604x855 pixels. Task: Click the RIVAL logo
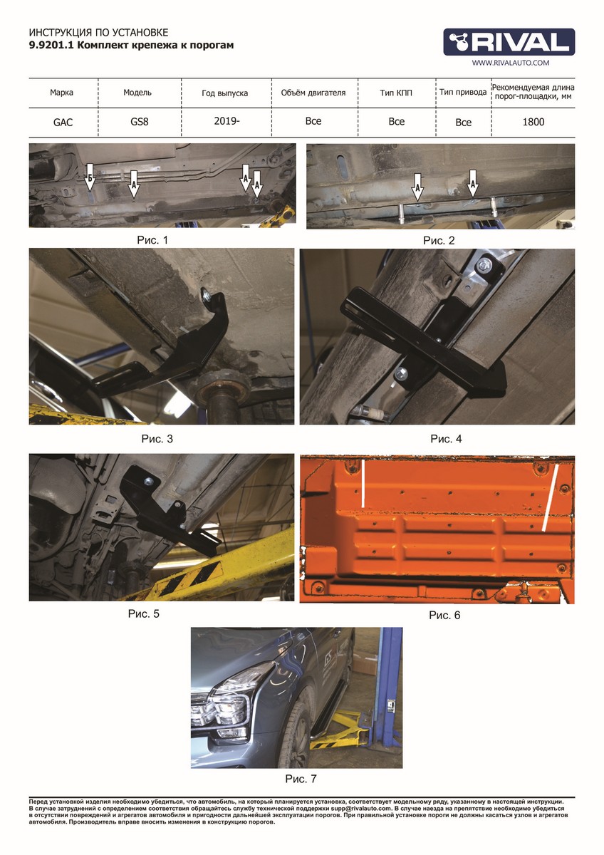click(509, 42)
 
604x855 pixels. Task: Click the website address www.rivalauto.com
click(511, 63)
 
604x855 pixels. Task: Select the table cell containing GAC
click(63, 123)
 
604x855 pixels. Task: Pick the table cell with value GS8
click(140, 122)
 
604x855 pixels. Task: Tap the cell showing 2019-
click(226, 121)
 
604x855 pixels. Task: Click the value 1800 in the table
click(533, 122)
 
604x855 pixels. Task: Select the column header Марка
click(61, 93)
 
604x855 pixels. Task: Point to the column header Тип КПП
click(396, 93)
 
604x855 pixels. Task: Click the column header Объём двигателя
click(313, 93)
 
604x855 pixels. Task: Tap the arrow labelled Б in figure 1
click(90, 177)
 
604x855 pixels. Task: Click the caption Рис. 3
click(157, 439)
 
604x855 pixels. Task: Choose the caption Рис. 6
click(444, 615)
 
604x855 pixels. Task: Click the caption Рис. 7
click(301, 779)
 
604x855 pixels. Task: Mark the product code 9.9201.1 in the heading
click(51, 46)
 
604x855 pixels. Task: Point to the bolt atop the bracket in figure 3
click(207, 294)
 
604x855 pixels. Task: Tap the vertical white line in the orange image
click(363, 484)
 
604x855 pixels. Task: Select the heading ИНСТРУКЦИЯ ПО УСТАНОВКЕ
click(98, 33)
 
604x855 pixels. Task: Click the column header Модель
click(137, 93)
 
